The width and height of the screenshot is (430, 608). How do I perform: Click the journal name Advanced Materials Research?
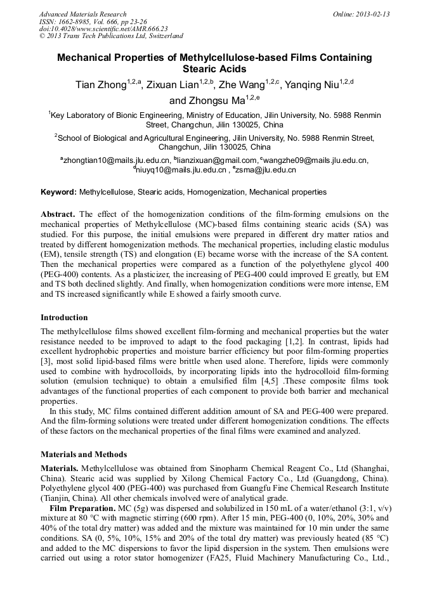pos(83,14)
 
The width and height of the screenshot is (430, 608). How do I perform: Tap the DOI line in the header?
pos(104,29)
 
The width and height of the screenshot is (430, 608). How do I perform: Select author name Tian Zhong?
pos(100,86)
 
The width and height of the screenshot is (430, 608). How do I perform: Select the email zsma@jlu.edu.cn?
pos(266,169)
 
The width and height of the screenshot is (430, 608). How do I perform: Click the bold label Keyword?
pos(59,191)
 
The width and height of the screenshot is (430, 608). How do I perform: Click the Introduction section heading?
pos(64,317)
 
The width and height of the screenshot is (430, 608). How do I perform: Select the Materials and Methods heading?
pos(84,454)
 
